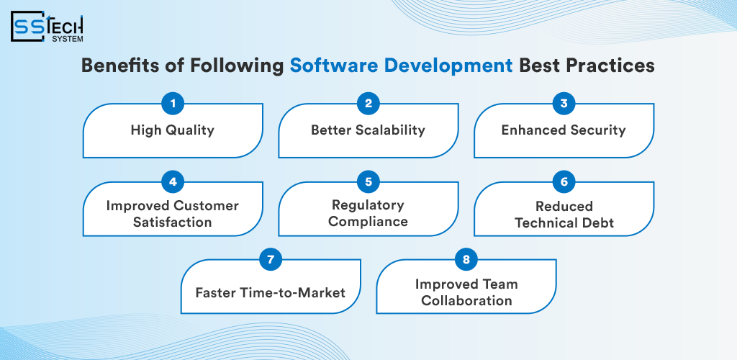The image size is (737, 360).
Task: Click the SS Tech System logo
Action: (x=47, y=27)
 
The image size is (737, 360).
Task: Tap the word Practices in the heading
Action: (x=614, y=66)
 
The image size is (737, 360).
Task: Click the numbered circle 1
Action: (x=173, y=104)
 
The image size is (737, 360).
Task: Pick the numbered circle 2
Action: (x=368, y=104)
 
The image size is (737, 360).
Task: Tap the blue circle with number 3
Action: (x=564, y=104)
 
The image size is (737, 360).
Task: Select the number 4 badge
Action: (x=173, y=182)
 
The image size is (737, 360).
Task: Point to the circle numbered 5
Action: (x=368, y=182)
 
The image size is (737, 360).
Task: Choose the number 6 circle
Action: (x=564, y=182)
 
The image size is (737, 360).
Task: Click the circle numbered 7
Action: (x=271, y=259)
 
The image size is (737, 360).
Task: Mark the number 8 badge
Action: (x=466, y=259)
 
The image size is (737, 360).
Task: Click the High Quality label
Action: (x=173, y=130)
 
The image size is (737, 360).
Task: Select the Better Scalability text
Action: (x=368, y=130)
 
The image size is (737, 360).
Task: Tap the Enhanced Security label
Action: (x=564, y=130)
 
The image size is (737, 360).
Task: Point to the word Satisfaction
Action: (x=173, y=222)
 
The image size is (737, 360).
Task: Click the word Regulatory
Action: (x=368, y=205)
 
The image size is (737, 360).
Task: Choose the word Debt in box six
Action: (x=598, y=222)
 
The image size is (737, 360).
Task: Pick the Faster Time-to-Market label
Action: (x=271, y=292)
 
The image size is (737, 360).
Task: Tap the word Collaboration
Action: (x=466, y=300)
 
